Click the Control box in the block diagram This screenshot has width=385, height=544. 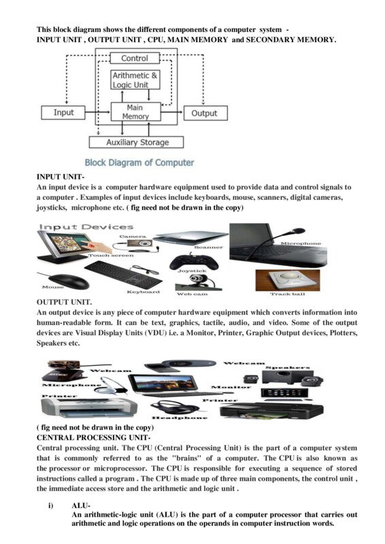135,58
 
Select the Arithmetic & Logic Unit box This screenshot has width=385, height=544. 135,80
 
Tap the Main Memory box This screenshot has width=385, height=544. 135,112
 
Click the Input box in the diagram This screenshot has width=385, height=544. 63,113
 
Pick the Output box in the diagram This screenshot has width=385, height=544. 204,113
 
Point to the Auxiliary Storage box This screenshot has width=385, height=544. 137,143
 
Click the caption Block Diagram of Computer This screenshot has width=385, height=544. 139,163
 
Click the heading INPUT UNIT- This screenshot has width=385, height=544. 60,177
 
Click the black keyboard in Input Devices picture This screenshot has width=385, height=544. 123,274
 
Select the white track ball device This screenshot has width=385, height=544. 288,279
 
